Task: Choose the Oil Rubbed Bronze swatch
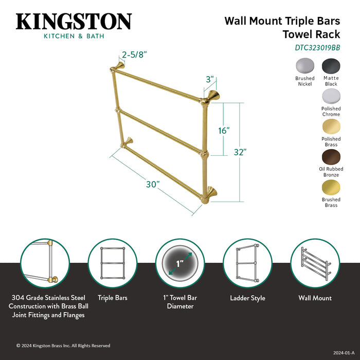point(331,157)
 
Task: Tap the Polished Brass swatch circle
point(331,127)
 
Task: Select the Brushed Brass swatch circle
point(331,187)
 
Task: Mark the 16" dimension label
point(224,131)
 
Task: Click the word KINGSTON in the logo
point(74,22)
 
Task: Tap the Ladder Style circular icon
point(247,263)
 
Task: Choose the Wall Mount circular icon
point(315,263)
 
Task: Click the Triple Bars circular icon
point(112,263)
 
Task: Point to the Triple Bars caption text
point(112,298)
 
